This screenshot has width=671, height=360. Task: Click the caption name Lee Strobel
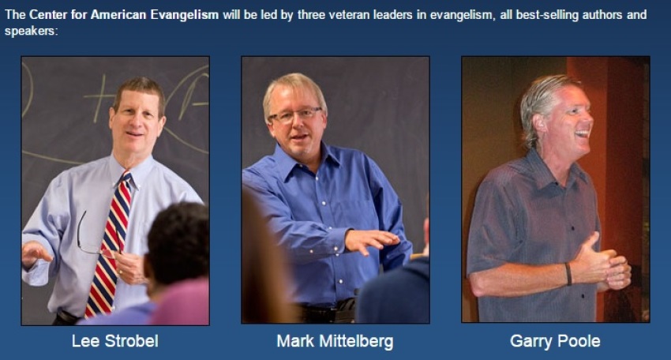[115, 341]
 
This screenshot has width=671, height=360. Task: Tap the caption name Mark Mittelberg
[335, 342]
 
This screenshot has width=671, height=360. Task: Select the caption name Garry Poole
[555, 341]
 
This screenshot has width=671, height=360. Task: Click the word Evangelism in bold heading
[185, 14]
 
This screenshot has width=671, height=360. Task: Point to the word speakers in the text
[30, 31]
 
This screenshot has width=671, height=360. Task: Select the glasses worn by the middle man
[295, 114]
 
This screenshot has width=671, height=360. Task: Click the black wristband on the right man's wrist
[568, 273]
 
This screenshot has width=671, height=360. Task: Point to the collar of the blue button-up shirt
[308, 158]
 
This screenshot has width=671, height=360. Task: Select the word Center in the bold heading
[47, 14]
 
